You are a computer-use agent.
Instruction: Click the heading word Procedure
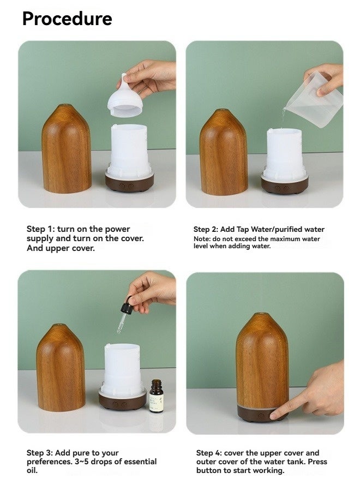tap(67, 19)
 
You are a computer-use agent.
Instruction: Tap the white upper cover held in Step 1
tap(125, 101)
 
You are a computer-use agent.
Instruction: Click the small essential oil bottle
tap(156, 396)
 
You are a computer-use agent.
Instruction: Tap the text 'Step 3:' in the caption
tap(42, 453)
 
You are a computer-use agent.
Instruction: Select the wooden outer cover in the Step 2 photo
tap(224, 152)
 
